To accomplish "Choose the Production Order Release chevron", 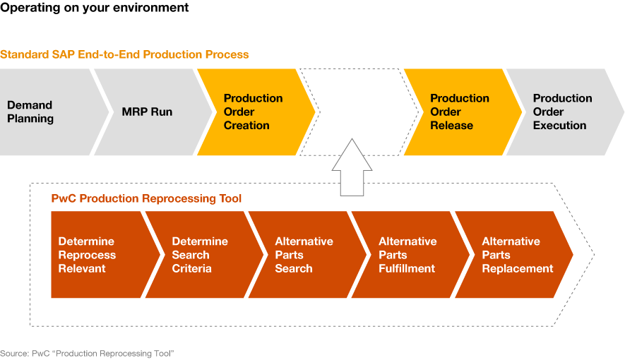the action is (463, 112).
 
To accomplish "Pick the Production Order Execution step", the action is (565, 112).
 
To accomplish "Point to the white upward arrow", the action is (352, 167).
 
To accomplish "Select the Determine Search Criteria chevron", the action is (204, 254).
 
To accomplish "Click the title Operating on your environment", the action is (95, 8).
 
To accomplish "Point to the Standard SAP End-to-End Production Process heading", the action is (124, 54).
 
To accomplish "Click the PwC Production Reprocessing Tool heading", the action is (146, 198).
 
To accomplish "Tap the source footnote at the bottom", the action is (87, 353).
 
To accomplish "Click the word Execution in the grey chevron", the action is (559, 126).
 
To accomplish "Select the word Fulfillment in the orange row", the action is (407, 269).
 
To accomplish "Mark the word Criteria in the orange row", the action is (191, 269).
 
